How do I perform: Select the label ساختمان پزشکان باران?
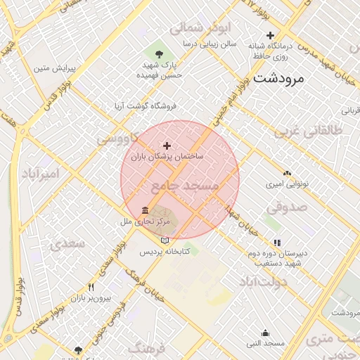166,157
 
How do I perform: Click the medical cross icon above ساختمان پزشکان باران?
167,146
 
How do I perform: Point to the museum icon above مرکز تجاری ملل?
145,210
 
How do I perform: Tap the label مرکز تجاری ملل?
145,221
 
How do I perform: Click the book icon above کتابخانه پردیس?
165,240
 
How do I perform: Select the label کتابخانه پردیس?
165,251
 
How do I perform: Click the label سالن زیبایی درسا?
209,44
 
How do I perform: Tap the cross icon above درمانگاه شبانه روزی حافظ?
270,35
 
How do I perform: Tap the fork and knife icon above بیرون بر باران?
91,288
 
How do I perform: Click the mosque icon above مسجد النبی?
265,333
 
